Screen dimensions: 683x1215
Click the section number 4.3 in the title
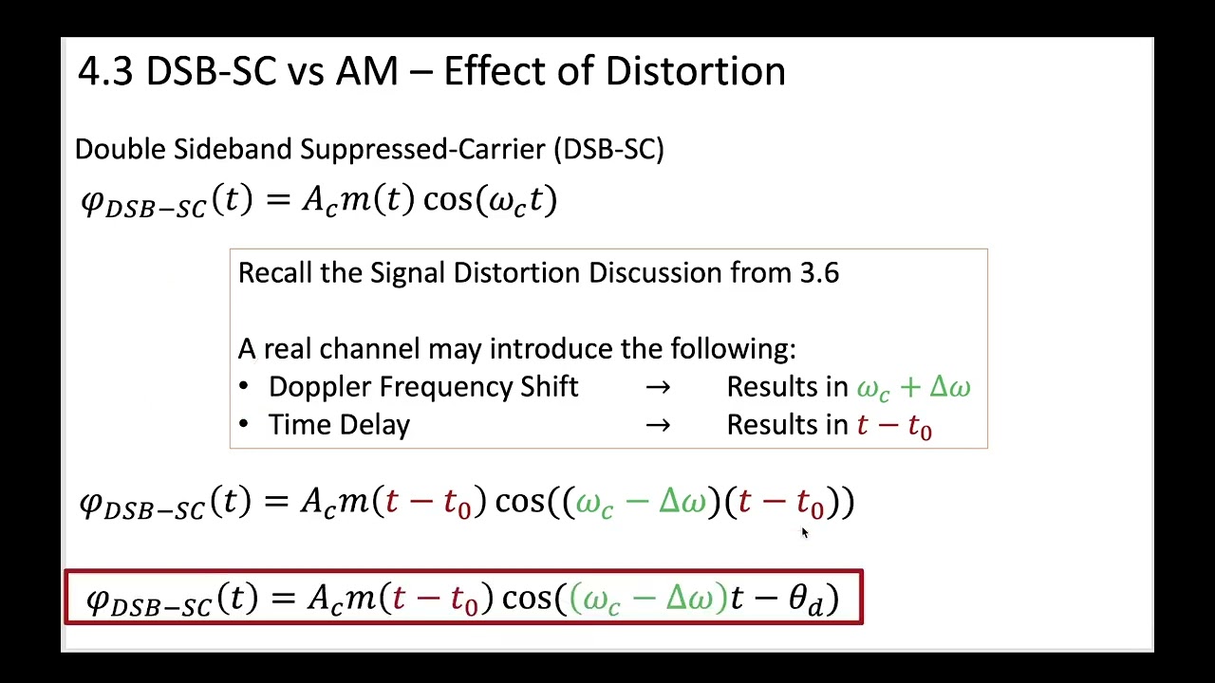(x=105, y=72)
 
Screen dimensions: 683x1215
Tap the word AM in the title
(x=366, y=72)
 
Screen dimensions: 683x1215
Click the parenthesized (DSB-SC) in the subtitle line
(x=612, y=149)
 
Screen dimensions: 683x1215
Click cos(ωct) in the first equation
(x=490, y=200)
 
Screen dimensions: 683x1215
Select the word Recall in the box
(x=275, y=273)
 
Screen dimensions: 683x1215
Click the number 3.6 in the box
(x=819, y=273)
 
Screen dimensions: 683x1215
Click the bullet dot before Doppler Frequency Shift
(x=245, y=387)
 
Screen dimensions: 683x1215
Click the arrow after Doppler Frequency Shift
(x=658, y=388)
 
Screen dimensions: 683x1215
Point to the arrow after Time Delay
(x=658, y=426)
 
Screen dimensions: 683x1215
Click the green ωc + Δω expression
(x=913, y=388)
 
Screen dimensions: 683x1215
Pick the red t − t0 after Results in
(x=894, y=426)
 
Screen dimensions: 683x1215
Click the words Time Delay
(x=339, y=426)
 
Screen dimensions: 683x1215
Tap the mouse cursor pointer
(x=804, y=534)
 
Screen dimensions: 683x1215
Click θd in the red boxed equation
(x=806, y=600)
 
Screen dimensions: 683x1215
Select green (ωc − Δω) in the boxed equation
(x=648, y=599)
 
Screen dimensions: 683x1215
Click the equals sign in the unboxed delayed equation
(x=277, y=501)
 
